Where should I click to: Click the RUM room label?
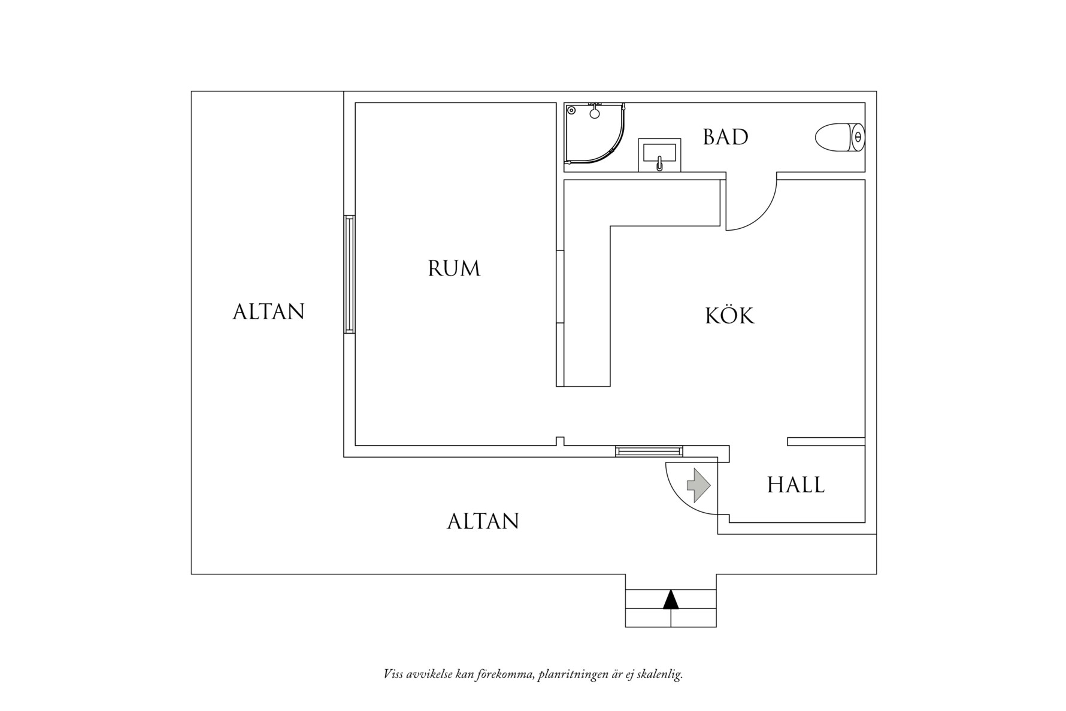pos(454,268)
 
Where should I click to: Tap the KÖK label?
pos(729,316)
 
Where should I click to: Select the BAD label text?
pos(725,137)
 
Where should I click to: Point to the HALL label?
pos(796,485)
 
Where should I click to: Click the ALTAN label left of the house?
pos(268,311)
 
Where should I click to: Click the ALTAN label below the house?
pos(483,521)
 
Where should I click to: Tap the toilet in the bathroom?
pos(839,137)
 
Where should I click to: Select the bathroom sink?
pos(659,155)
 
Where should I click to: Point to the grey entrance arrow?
pos(698,485)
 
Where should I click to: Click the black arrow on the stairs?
pos(671,599)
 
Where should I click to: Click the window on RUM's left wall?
pos(349,274)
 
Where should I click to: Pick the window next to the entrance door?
pos(649,451)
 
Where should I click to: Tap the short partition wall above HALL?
pos(826,441)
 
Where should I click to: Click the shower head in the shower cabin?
pos(595,113)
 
